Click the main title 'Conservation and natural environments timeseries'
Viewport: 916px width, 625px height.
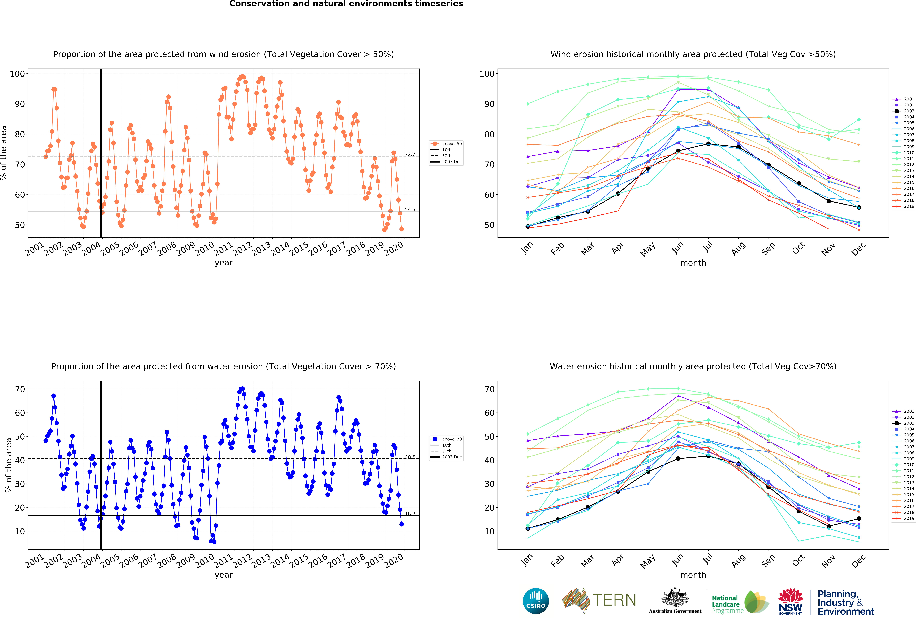click(x=346, y=4)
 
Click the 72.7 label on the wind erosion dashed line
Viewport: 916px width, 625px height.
click(x=410, y=154)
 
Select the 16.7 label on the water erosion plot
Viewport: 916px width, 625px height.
click(x=410, y=513)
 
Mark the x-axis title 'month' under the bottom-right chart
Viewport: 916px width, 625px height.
click(x=693, y=575)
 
